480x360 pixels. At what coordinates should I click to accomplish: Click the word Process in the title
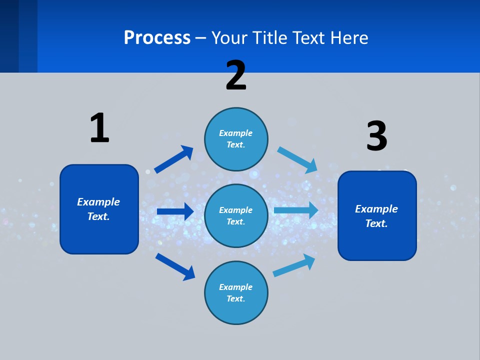[x=157, y=37]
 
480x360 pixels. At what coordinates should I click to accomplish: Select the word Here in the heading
[x=349, y=37]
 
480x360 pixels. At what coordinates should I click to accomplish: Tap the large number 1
[x=99, y=128]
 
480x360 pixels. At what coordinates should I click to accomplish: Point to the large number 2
[x=236, y=75]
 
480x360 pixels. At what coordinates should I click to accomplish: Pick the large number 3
[x=376, y=136]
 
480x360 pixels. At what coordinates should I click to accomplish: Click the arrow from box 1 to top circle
[x=173, y=159]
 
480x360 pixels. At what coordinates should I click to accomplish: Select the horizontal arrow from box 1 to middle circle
[x=175, y=211]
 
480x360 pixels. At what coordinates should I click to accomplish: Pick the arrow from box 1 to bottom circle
[x=175, y=266]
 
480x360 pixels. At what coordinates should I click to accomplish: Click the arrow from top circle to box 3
[x=297, y=159]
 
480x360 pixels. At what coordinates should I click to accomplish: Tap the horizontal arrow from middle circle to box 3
[x=296, y=210]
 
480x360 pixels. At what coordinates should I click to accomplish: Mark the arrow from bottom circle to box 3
[x=294, y=265]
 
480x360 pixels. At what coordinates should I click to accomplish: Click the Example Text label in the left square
[x=98, y=209]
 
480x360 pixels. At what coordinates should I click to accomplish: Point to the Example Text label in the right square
[x=376, y=216]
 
